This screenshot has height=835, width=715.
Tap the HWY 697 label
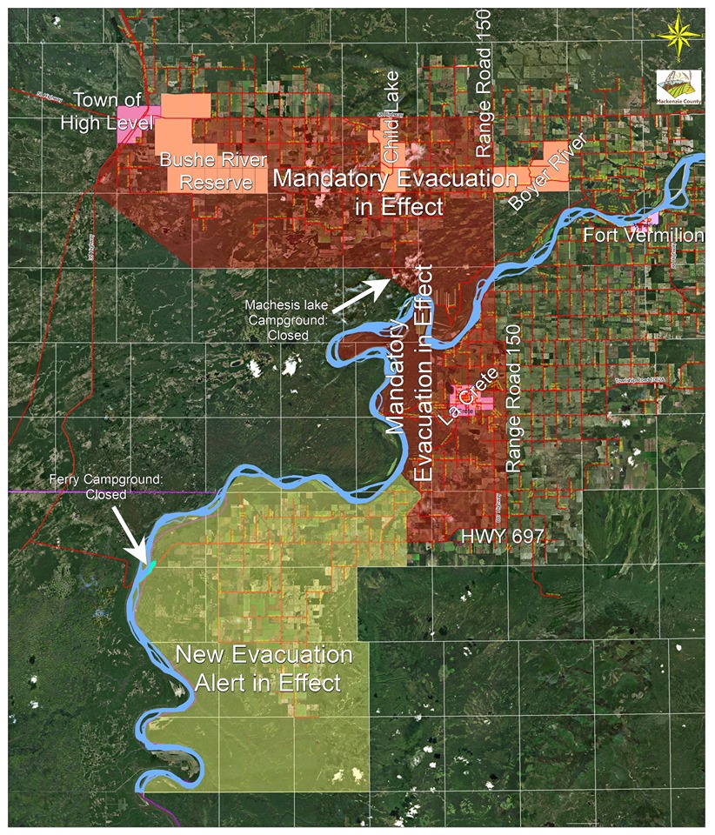pyautogui.click(x=502, y=537)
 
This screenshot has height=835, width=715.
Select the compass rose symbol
pyautogui.click(x=680, y=36)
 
